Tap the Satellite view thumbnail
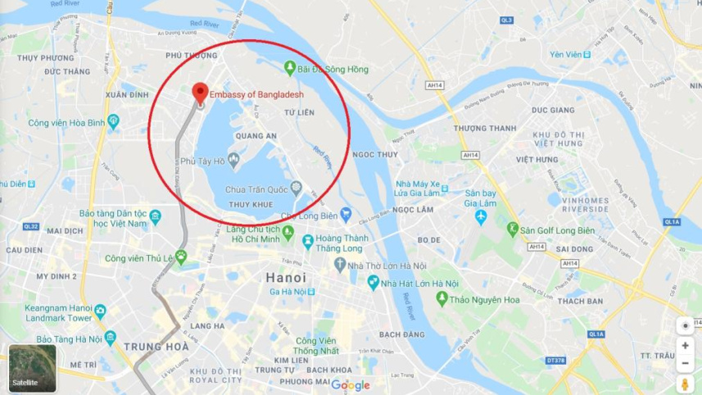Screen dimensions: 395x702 pos(33,368)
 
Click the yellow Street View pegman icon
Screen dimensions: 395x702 pos(685,384)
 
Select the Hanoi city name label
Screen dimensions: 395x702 pos(286,278)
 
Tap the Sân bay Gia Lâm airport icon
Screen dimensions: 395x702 pos(481,217)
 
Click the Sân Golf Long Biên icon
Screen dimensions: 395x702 pos(514,229)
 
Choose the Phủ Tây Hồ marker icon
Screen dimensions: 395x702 pos(233,159)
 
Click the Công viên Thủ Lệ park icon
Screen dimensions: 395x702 pos(181,257)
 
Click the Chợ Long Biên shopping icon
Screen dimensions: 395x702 pos(346,215)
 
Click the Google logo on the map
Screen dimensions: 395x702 pos(351,385)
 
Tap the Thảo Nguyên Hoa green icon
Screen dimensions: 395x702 pos(442,299)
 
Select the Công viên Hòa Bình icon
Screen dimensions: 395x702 pos(113,122)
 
